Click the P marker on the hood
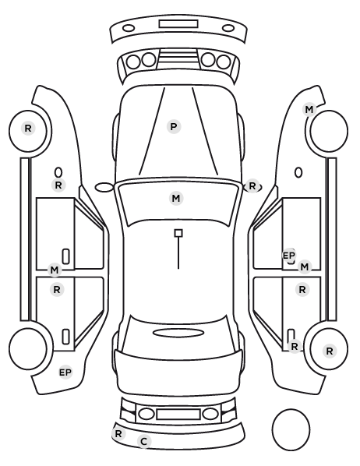[x=174, y=127]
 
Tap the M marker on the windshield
[x=176, y=198]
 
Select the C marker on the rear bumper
[x=144, y=441]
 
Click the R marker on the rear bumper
[x=118, y=433]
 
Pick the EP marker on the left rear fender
[x=65, y=372]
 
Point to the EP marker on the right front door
[x=288, y=256]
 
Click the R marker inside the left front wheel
[x=28, y=129]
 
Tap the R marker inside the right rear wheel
[x=330, y=351]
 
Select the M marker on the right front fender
[x=309, y=110]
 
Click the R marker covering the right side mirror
[x=252, y=186]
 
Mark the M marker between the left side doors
[x=55, y=270]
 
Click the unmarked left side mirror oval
[x=104, y=187]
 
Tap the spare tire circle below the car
[x=291, y=429]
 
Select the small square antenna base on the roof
[x=178, y=233]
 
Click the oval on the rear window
[x=178, y=333]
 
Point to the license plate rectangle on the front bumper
[x=178, y=24]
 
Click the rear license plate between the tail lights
[x=178, y=415]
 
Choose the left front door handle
[x=66, y=256]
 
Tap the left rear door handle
[x=66, y=337]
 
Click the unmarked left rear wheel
[x=28, y=348]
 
